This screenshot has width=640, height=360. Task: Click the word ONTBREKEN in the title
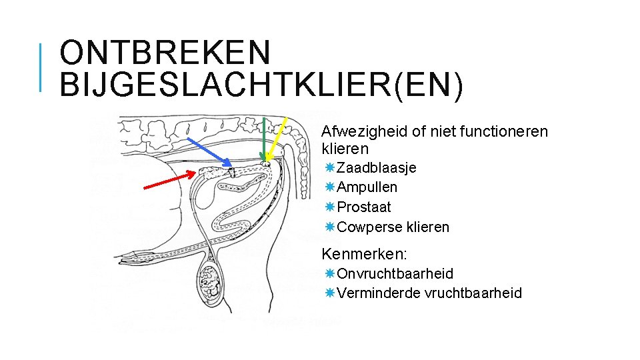(x=166, y=52)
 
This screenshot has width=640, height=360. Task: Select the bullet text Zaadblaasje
(x=377, y=167)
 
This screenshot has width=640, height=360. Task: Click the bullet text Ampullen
(x=367, y=187)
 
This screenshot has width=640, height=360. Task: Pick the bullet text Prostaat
(x=364, y=207)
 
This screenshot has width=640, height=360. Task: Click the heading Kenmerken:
(x=364, y=254)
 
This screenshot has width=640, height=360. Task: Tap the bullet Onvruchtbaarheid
(x=395, y=274)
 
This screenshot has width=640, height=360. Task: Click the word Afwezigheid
(x=363, y=131)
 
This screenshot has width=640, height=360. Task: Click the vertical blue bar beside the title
(x=41, y=67)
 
